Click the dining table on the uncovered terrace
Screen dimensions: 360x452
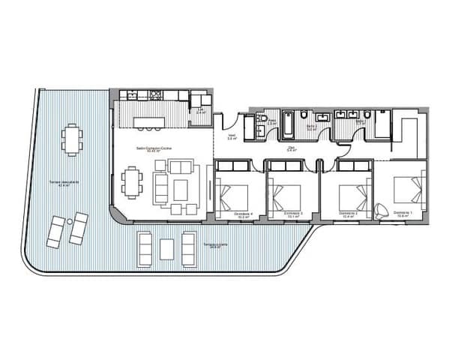point(71,138)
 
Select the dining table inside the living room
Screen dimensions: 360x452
point(133,184)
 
